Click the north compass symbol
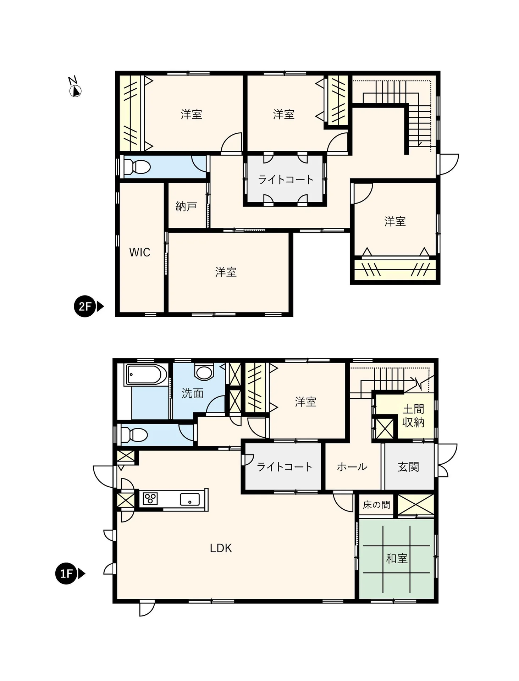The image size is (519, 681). pos(75,87)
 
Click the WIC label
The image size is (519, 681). pos(140,252)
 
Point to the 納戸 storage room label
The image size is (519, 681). pos(186,206)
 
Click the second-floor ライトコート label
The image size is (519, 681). pos(286,179)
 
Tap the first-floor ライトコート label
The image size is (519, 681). pos(284,467)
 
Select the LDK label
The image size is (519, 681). pos(221,548)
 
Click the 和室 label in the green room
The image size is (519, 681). pos(397,559)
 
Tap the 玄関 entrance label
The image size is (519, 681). pos(408,467)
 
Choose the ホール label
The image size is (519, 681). pos(352,467)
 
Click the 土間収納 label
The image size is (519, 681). pos(413,416)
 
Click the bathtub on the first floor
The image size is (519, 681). pos(145,375)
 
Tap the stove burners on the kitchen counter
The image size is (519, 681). pos(150,499)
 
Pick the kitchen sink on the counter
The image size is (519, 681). pos(190,499)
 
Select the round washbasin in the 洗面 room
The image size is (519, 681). pos(204,372)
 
